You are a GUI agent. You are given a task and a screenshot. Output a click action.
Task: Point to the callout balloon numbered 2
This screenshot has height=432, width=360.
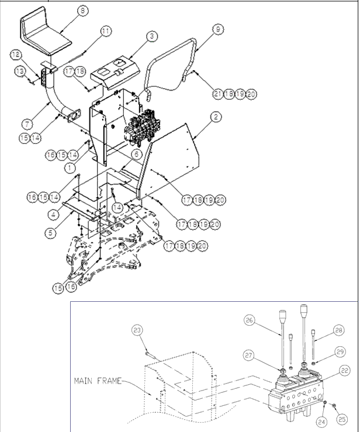coord(216,117)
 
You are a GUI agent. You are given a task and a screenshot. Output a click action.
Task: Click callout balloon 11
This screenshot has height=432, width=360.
coord(105,30)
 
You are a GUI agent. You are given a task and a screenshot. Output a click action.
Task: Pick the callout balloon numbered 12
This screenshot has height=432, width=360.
coord(16,54)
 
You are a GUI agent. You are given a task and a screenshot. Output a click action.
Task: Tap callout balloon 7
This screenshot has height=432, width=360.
coord(27,123)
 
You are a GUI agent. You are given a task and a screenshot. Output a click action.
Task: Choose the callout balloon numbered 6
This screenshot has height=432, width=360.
coord(135,154)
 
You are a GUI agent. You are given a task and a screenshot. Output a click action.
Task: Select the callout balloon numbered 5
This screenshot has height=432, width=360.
coord(50,232)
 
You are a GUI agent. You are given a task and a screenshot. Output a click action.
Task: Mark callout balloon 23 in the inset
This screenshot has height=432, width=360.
coord(137,330)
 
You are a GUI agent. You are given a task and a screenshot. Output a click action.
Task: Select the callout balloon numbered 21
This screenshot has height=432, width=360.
coord(218,93)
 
